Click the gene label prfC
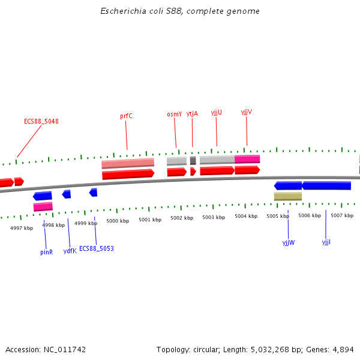[x=126, y=116]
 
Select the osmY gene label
[x=174, y=114]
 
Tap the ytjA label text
[x=192, y=113]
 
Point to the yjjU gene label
[x=217, y=112]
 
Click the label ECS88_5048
[x=41, y=121]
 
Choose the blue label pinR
[x=47, y=252]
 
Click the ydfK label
[x=70, y=251]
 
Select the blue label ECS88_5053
[x=97, y=248]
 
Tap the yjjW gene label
[x=289, y=242]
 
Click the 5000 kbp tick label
[x=118, y=221]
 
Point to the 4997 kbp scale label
[x=22, y=228]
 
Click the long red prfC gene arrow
[x=128, y=175]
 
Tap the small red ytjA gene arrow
[x=193, y=172]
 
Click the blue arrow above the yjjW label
[x=288, y=186]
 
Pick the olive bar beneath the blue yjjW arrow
[x=288, y=196]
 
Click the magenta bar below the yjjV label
[x=247, y=159]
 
